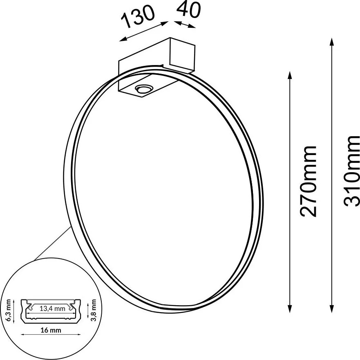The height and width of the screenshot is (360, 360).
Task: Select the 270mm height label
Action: [308, 181]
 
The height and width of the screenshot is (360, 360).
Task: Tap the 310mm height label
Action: [351, 171]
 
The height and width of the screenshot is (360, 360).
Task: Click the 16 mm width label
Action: [51, 331]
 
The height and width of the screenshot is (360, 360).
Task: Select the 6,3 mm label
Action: [9, 310]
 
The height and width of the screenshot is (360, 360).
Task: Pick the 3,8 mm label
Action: [93, 310]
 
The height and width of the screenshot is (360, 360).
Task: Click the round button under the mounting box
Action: [144, 88]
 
